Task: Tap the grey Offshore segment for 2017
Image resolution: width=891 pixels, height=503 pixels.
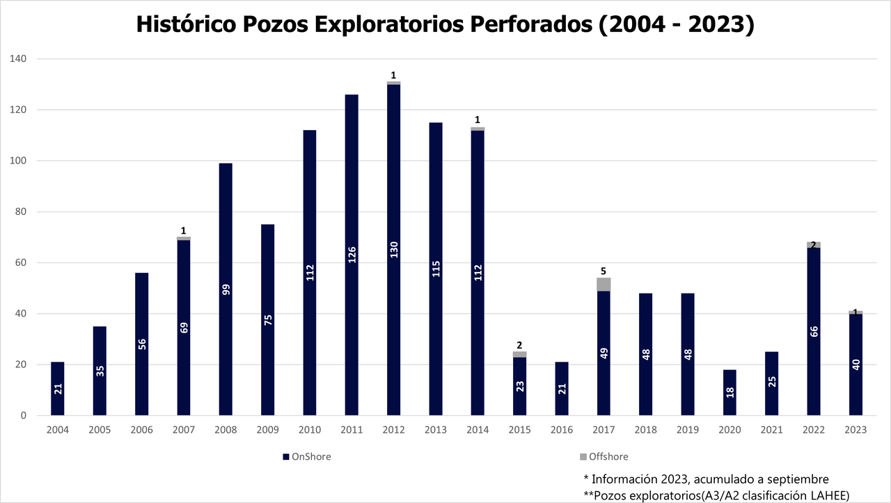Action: pos(604,284)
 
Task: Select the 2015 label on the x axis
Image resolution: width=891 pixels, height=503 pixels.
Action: pos(520,430)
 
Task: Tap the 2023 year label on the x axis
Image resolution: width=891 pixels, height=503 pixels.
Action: pos(855,430)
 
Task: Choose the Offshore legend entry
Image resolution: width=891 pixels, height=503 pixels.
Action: pos(604,457)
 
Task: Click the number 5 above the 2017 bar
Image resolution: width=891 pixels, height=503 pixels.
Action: pos(604,271)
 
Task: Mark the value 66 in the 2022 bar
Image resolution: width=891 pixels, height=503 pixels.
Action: pos(814,330)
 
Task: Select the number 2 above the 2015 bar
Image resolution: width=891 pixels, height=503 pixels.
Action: pos(520,344)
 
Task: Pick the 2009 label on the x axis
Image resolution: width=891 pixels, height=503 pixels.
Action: pos(268,430)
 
